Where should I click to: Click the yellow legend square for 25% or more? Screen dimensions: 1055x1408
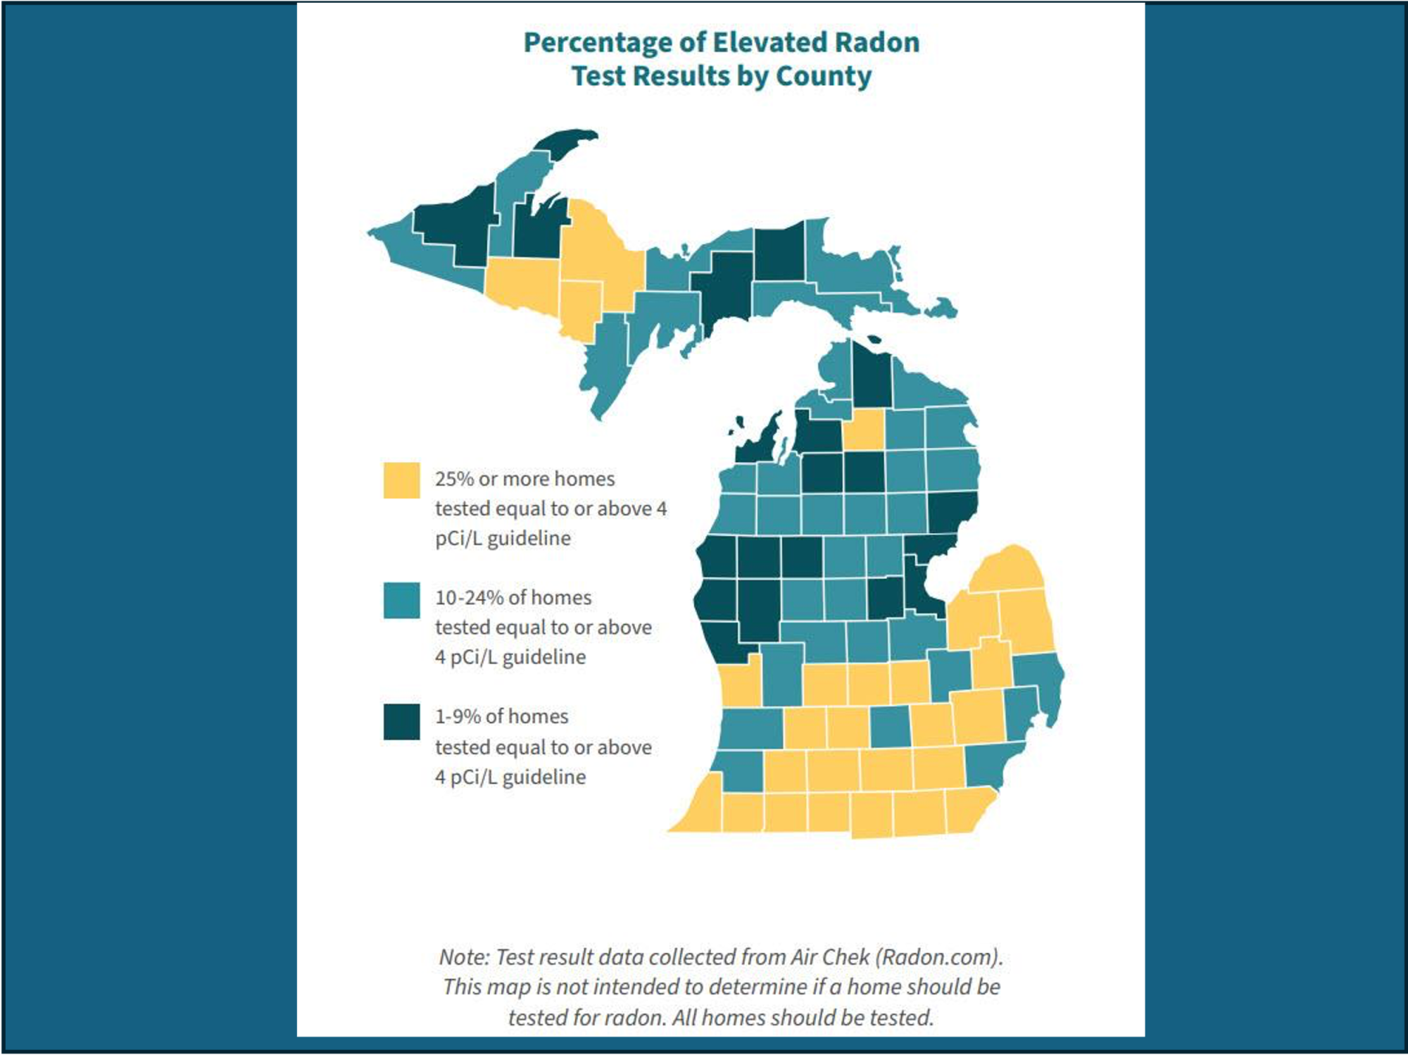[401, 480]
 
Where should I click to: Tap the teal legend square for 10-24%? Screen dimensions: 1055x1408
[401, 600]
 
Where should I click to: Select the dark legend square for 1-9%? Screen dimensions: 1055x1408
[401, 722]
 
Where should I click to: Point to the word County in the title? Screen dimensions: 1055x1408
[823, 76]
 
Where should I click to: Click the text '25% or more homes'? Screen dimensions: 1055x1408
[524, 479]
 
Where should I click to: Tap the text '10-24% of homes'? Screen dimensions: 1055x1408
[513, 597]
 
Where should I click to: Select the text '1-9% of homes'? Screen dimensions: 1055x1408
[501, 716]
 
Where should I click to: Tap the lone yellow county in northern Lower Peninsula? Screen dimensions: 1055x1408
[863, 428]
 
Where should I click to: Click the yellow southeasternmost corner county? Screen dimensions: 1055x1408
[968, 810]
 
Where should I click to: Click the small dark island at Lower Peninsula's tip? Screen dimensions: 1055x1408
[874, 339]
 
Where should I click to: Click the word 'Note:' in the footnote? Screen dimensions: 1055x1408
[463, 957]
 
